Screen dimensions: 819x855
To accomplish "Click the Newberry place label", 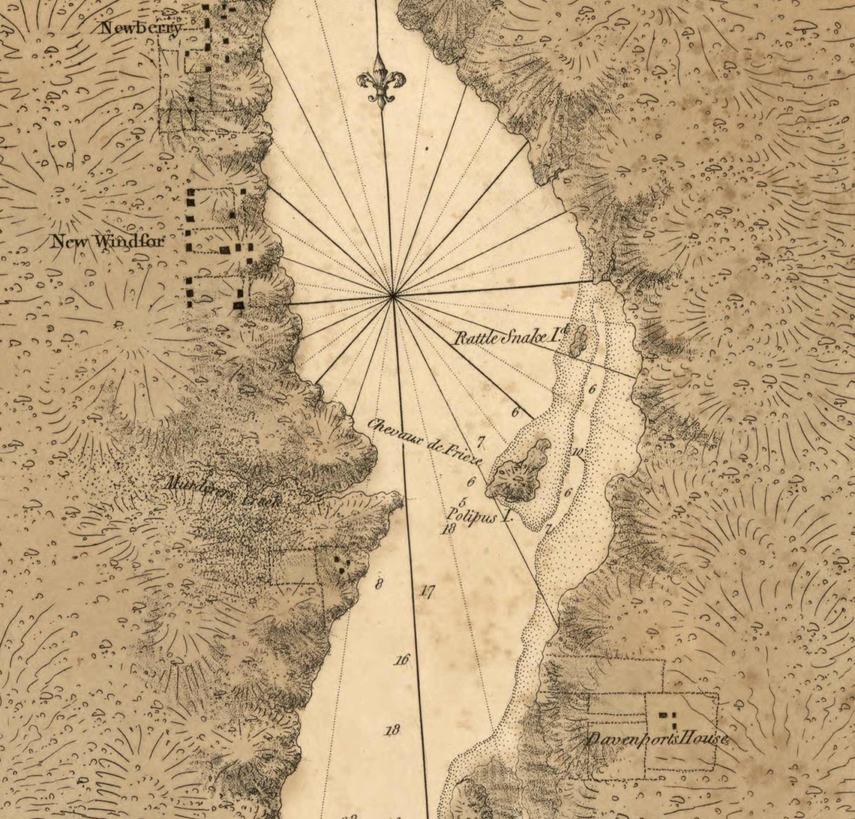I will click(x=142, y=28).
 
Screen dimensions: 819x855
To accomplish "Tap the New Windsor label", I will click(x=107, y=241).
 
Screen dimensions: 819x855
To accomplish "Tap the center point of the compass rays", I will click(x=394, y=295).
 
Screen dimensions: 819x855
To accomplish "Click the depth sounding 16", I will click(x=402, y=660).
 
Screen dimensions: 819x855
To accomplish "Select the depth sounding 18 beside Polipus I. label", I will click(x=448, y=529).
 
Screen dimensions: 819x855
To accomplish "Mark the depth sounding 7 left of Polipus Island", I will click(x=480, y=443).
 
